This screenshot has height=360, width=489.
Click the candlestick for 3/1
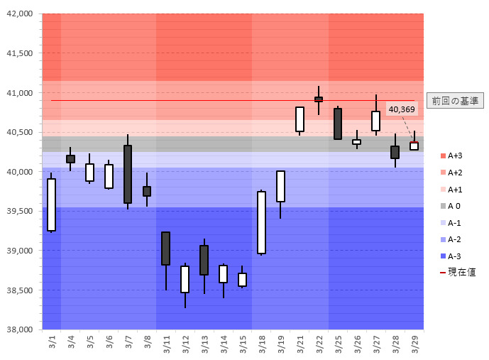[x=52, y=204]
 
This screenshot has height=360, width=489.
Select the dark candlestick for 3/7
[x=128, y=174]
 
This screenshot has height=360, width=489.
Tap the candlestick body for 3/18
[x=261, y=222]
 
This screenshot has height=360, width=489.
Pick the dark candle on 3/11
[x=165, y=249]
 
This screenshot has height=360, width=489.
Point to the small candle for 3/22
[x=319, y=99]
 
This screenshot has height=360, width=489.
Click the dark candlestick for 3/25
[x=338, y=124]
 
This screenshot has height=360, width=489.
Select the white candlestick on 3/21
[x=300, y=119]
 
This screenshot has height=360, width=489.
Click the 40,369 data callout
[x=402, y=109]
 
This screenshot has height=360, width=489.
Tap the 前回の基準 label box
[x=455, y=101]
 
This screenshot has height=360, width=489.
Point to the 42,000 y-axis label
[x=20, y=14]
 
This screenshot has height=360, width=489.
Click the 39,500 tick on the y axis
[x=20, y=211]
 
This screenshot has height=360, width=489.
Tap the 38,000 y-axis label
[x=20, y=329]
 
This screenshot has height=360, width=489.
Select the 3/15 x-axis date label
[x=243, y=344]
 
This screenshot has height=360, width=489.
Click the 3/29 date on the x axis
[x=414, y=344]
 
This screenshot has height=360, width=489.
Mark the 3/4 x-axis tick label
[x=71, y=344]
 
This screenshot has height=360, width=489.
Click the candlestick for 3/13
[x=204, y=260]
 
